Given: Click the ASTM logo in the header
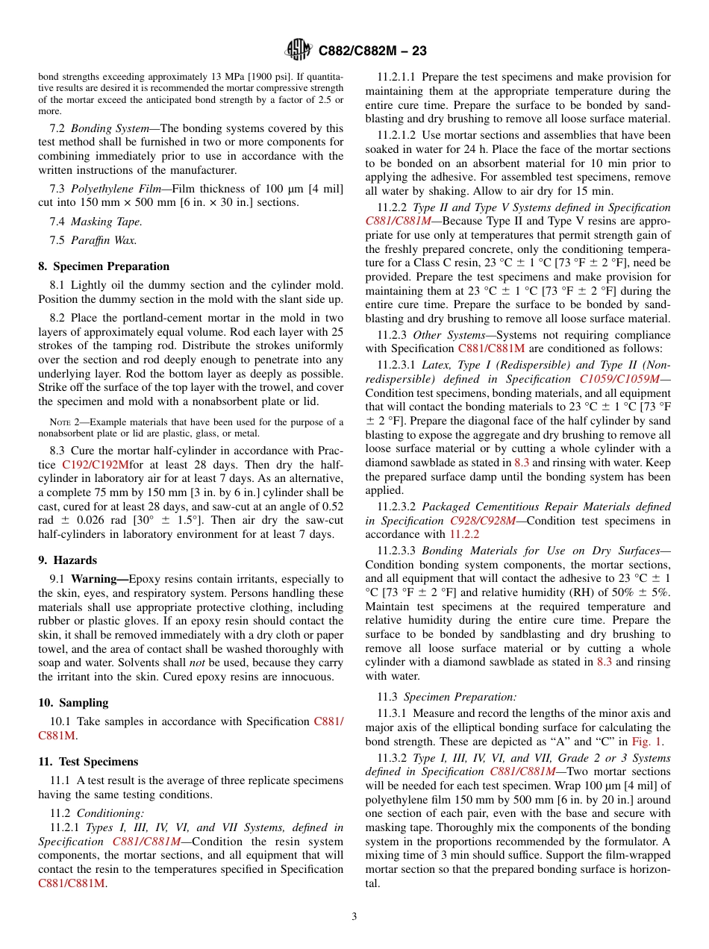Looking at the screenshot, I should pos(299,51).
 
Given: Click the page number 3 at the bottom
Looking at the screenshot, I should pos(354,917).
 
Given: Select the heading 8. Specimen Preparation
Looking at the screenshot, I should pos(104,266).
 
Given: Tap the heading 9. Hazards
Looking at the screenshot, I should pos(67,560).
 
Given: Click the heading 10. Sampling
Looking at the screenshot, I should pos(73,703).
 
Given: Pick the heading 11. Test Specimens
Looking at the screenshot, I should pos(88,762).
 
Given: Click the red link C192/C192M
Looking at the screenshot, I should pos(96,465).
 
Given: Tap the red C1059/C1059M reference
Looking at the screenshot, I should pos(619,379).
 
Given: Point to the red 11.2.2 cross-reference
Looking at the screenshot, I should pos(464,534).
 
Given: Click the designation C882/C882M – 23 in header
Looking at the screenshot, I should pos(372,51).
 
